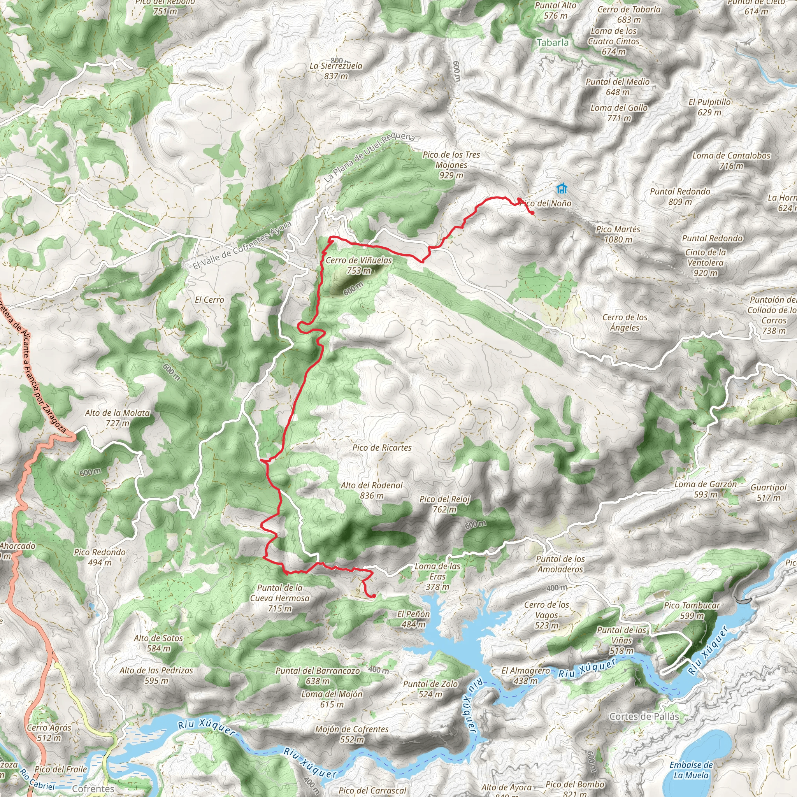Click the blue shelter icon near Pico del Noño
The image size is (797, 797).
click(562, 188)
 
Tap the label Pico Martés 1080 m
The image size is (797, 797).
click(618, 234)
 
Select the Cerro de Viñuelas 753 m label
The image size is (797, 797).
click(358, 265)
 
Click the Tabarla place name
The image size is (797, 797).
click(552, 42)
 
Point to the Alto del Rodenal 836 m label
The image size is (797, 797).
click(371, 490)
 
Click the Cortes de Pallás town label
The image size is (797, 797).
click(644, 716)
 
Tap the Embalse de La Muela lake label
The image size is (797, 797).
click(691, 770)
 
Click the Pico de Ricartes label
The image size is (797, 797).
click(382, 448)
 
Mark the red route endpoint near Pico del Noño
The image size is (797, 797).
click(533, 213)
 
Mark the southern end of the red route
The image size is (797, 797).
click(373, 596)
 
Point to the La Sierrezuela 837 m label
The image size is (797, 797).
click(336, 70)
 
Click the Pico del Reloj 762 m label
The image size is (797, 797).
click(445, 504)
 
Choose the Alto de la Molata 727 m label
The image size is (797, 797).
click(118, 418)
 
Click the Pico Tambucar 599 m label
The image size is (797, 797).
click(692, 611)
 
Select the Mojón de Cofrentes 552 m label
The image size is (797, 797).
click(351, 734)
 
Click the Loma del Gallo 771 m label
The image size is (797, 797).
click(619, 112)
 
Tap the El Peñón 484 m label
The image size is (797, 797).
click(413, 619)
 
